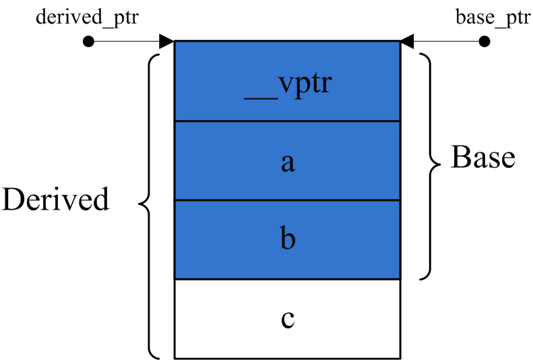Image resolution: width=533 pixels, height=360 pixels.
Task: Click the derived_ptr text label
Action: tap(87, 17)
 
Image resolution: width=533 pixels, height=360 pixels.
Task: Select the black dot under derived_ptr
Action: tap(88, 42)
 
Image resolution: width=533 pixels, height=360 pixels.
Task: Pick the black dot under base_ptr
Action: tap(484, 42)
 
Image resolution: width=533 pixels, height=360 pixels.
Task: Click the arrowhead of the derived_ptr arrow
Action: tap(167, 42)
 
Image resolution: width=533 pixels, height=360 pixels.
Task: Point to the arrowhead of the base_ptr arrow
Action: tap(407, 42)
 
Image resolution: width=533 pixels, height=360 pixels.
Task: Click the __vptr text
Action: tap(288, 86)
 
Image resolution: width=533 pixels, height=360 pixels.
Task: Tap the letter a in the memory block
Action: tap(288, 162)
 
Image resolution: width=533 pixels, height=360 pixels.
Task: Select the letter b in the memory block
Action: tap(288, 239)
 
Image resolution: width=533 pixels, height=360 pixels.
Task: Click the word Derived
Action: tap(55, 200)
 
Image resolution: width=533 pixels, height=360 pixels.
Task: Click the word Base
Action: tap(482, 157)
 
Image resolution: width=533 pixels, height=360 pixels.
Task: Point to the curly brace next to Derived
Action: tap(149, 202)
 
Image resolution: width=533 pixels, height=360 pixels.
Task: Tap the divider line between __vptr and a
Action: tap(288, 121)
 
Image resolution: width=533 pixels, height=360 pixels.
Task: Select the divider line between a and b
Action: tap(288, 200)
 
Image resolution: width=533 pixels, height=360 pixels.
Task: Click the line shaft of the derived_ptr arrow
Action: tap(125, 42)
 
